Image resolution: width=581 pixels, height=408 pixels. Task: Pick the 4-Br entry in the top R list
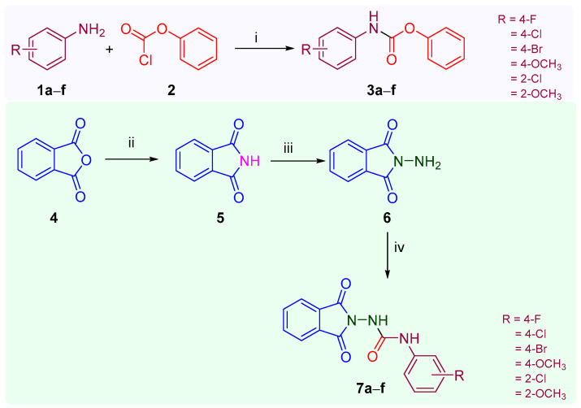(527, 54)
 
